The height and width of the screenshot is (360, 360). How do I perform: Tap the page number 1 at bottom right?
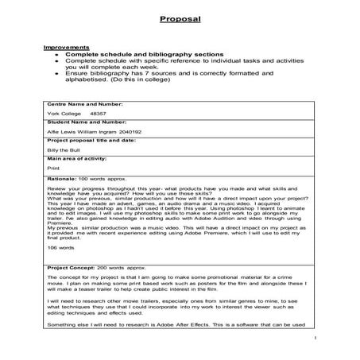pos(315,338)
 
